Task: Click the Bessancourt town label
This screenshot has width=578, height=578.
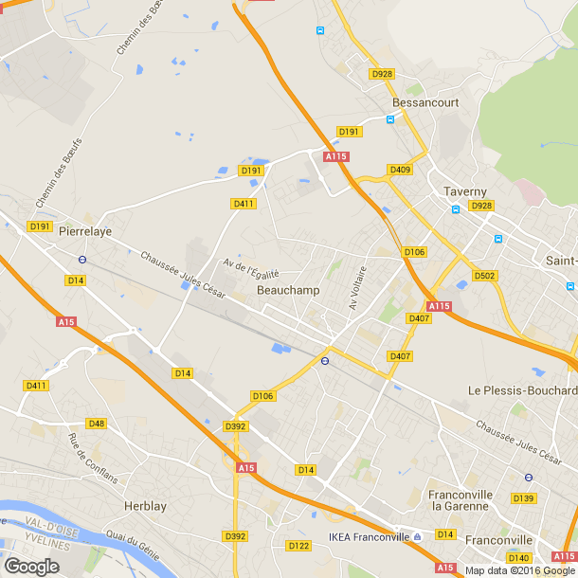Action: (x=426, y=101)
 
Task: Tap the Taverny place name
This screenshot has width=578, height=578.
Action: (x=465, y=191)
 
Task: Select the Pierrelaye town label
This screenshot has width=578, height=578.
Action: (x=85, y=230)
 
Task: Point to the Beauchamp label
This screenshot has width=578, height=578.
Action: (x=288, y=290)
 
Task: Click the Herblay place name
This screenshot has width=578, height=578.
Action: (x=145, y=506)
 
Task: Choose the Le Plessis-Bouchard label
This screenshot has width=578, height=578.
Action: (x=522, y=390)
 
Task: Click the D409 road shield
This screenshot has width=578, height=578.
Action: (x=400, y=170)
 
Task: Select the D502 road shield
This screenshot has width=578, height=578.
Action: (x=484, y=276)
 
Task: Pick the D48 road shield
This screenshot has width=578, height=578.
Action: (x=96, y=424)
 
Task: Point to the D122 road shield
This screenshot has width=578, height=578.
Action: (x=298, y=545)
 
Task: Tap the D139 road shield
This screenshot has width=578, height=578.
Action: (x=523, y=497)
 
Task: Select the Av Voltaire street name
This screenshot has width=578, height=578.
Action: (x=357, y=287)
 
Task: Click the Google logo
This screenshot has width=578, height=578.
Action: (x=31, y=567)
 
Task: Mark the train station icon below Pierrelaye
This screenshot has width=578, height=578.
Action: (x=82, y=258)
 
